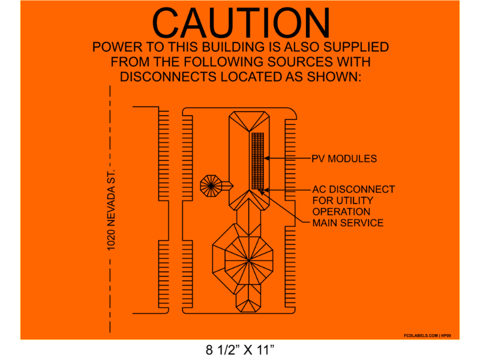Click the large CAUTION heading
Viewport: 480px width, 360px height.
point(241,24)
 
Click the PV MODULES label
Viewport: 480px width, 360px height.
point(344,159)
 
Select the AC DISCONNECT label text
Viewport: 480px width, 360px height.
point(353,190)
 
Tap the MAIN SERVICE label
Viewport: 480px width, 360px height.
point(347,223)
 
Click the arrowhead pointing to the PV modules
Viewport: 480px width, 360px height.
point(268,158)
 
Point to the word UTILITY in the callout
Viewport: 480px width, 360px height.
point(358,200)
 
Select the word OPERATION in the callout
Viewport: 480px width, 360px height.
point(341,211)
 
